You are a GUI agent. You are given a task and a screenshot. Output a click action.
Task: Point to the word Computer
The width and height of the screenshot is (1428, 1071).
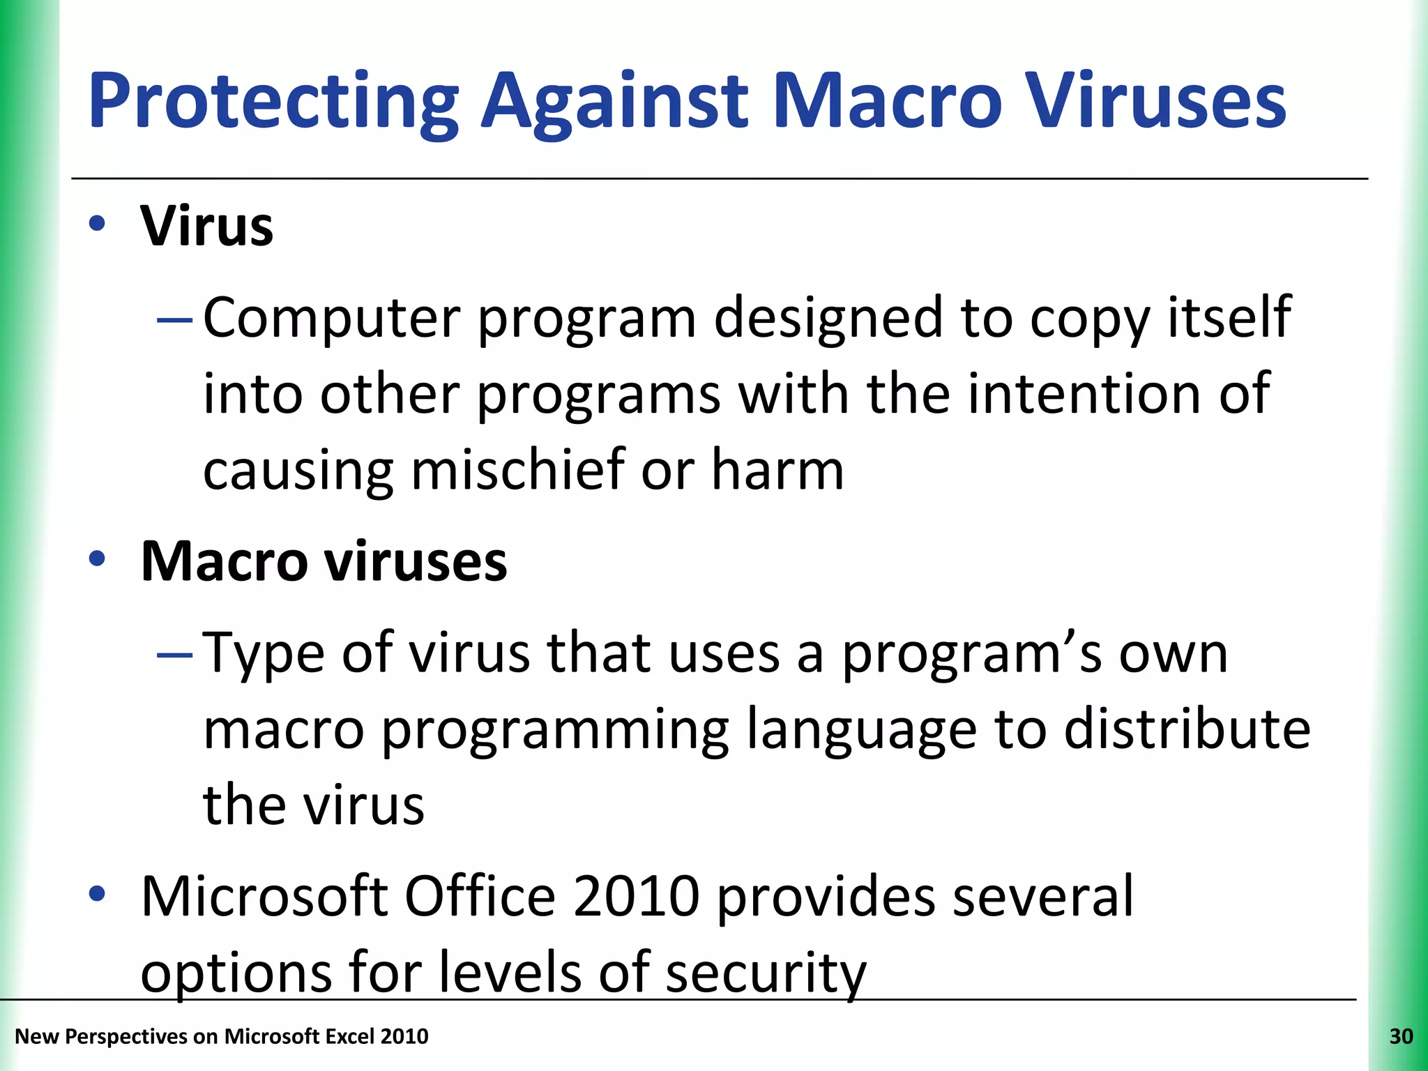coord(331,319)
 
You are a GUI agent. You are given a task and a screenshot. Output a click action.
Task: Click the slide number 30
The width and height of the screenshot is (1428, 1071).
coord(1401,1037)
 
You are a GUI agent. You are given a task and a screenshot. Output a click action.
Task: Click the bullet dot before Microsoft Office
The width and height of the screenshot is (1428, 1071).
coord(97,893)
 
